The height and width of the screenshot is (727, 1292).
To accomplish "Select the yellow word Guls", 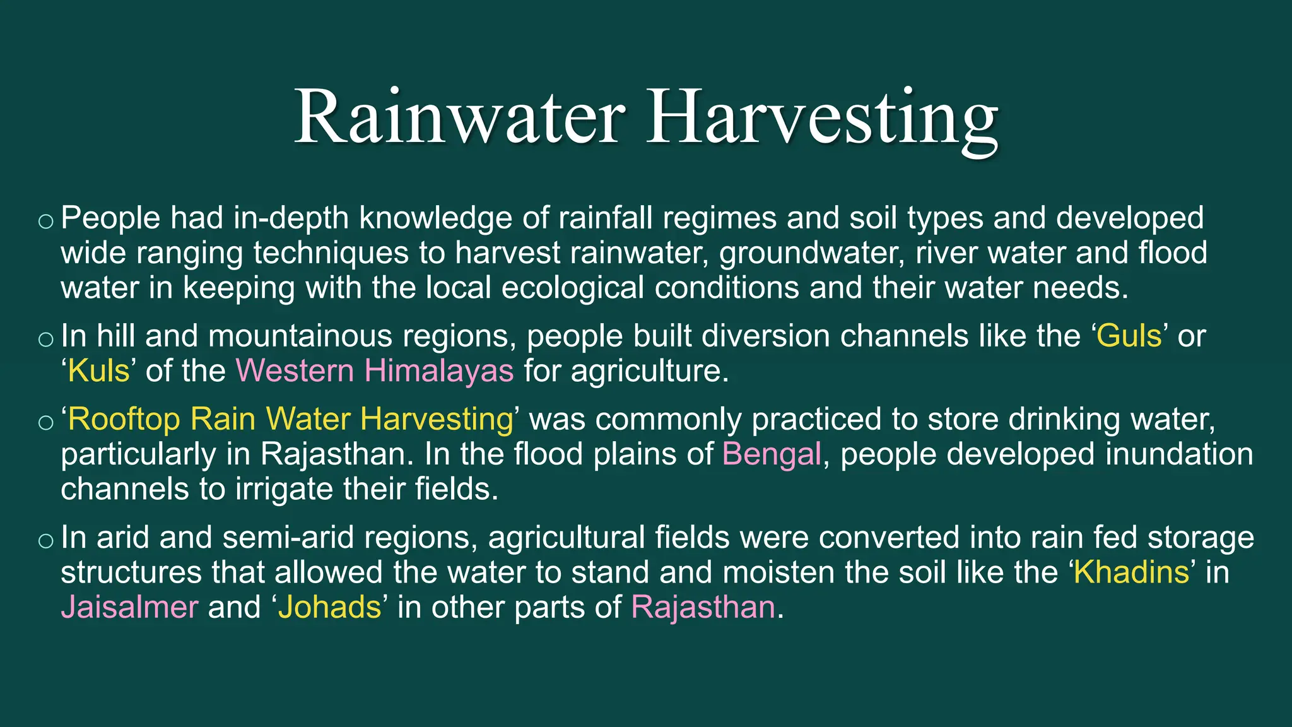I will click(1129, 336).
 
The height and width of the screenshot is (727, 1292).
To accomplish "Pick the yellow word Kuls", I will click(98, 370).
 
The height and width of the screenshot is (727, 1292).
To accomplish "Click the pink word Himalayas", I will click(439, 370).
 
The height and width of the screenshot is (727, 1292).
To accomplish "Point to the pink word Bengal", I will click(772, 454).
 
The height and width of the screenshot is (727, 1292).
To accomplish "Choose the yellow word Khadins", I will click(1131, 572).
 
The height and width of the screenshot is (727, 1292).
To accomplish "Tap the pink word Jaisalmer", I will click(129, 607).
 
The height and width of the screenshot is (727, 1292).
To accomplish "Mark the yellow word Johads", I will click(330, 607).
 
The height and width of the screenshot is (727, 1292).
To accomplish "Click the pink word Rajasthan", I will click(703, 607).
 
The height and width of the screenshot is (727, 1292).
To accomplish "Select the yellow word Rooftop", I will click(124, 419).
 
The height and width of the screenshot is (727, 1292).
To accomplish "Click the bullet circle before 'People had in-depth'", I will click(46, 221).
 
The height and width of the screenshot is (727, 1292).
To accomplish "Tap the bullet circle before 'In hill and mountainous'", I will click(46, 339).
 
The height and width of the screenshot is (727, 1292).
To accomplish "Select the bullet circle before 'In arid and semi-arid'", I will click(46, 540).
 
